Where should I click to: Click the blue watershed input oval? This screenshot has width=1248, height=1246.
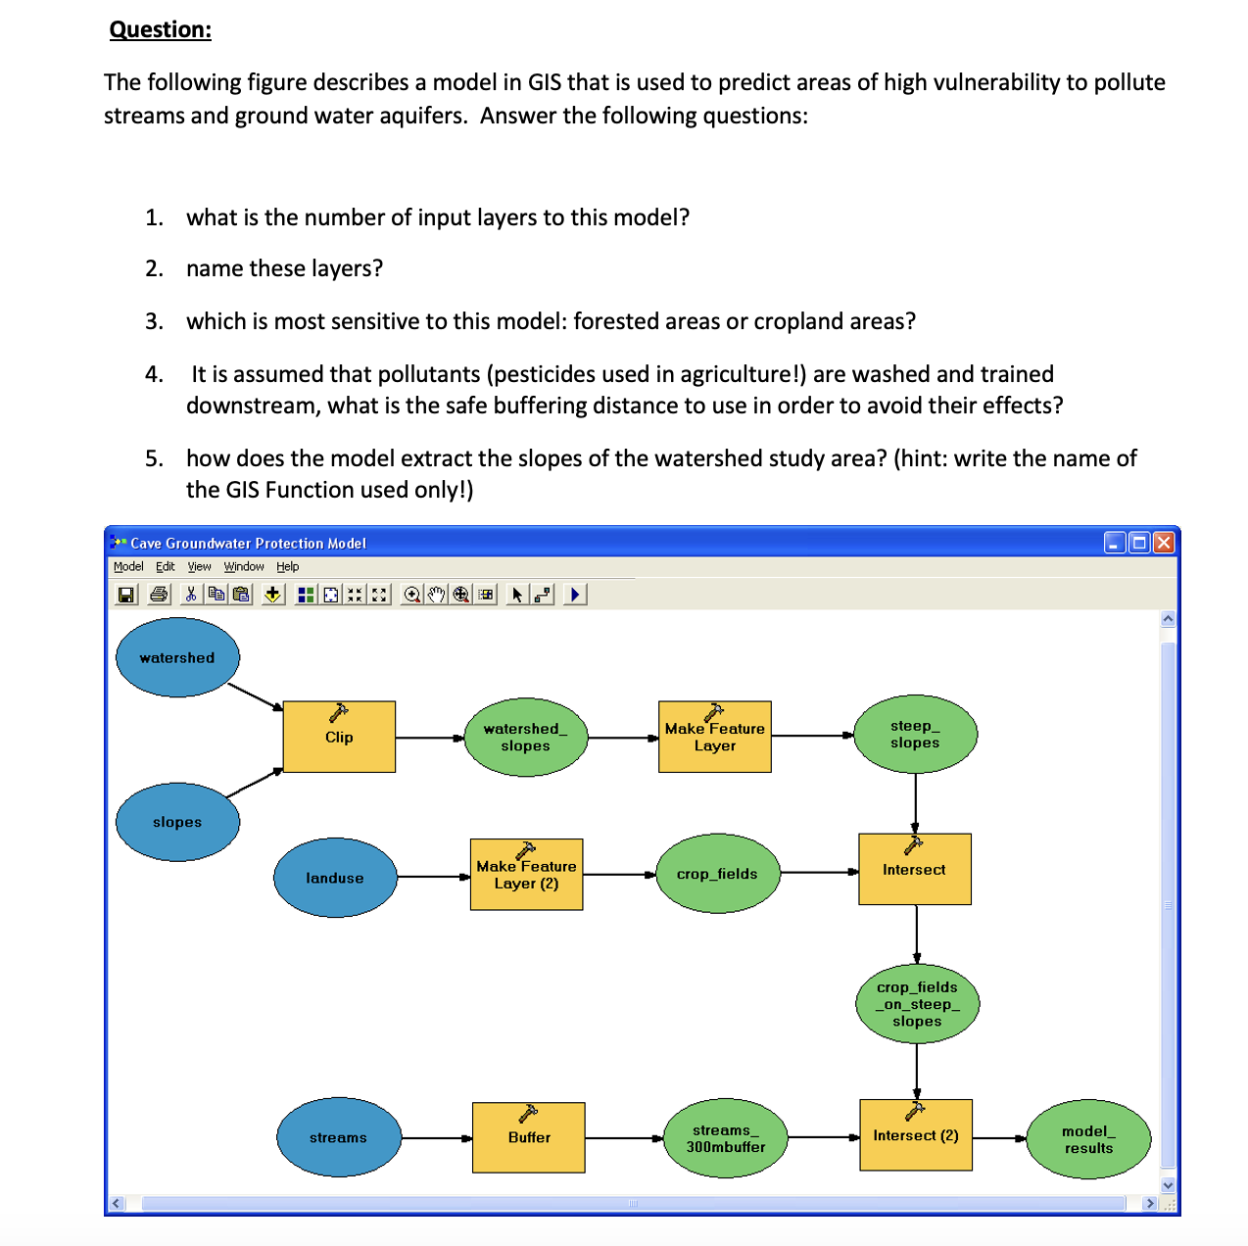click(x=177, y=657)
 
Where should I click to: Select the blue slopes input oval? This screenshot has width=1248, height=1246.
click(x=177, y=822)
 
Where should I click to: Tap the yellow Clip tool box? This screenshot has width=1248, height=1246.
click(x=339, y=737)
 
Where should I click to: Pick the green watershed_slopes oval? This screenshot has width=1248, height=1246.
click(x=525, y=737)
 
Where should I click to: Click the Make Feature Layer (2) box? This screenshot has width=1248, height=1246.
click(x=526, y=875)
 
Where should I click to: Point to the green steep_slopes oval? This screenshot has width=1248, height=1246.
click(x=915, y=734)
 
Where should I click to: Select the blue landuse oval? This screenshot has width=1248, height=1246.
click(x=335, y=878)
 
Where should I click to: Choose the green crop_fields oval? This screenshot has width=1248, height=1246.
click(x=717, y=874)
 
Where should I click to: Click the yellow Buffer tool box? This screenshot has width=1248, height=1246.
click(x=529, y=1137)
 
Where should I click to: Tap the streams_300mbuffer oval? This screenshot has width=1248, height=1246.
click(x=726, y=1138)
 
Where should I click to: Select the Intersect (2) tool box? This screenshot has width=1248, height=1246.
click(x=916, y=1135)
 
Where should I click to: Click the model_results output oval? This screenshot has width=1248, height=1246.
click(x=1088, y=1139)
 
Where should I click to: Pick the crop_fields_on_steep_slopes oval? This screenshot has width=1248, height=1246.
click(x=917, y=1004)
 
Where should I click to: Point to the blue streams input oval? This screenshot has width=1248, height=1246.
click(x=338, y=1137)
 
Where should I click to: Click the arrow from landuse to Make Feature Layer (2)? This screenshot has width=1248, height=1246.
click(x=434, y=877)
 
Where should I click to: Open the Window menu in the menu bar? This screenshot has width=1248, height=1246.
click(x=244, y=566)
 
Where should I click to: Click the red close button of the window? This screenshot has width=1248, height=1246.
click(x=1164, y=543)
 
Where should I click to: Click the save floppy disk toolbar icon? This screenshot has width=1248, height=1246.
click(x=126, y=595)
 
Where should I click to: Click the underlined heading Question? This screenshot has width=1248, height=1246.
click(x=161, y=29)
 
